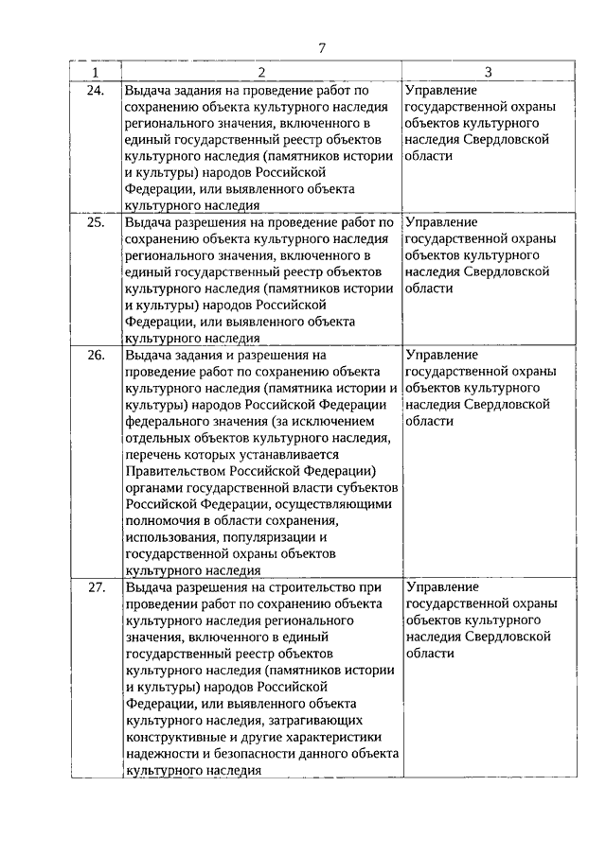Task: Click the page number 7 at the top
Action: [x=321, y=48]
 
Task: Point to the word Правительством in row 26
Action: [x=170, y=472]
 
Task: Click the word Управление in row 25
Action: [x=440, y=222]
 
